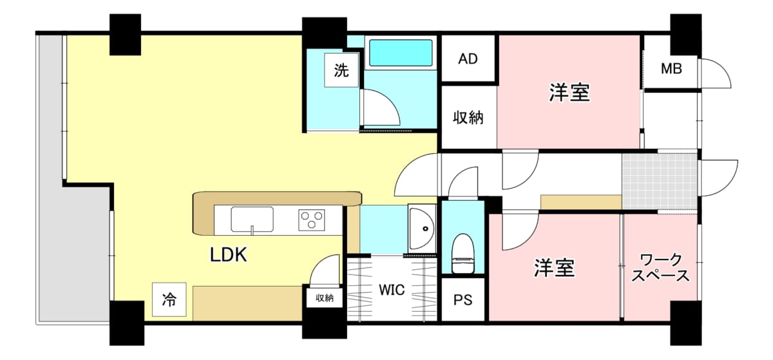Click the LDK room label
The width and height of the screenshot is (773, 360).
pyautogui.click(x=229, y=255)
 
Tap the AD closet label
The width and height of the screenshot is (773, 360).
pyautogui.click(x=468, y=59)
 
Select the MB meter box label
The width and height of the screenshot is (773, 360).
pyautogui.click(x=671, y=69)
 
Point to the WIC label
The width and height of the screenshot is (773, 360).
pyautogui.click(x=392, y=290)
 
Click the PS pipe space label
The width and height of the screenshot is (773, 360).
pyautogui.click(x=463, y=300)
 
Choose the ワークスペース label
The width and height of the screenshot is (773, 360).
pyautogui.click(x=660, y=267)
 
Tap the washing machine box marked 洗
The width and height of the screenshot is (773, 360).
pyautogui.click(x=341, y=70)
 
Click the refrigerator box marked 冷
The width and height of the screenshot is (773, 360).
pyautogui.click(x=169, y=299)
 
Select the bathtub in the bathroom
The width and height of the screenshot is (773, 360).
pyautogui.click(x=401, y=53)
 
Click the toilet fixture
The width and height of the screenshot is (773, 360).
pyautogui.click(x=463, y=253)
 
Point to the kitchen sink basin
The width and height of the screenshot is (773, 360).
pyautogui.click(x=252, y=220)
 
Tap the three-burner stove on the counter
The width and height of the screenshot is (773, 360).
pyautogui.click(x=312, y=220)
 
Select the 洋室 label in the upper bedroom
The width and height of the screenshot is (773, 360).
pyautogui.click(x=569, y=93)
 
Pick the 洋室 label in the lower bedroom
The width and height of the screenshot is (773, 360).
pyautogui.click(x=555, y=268)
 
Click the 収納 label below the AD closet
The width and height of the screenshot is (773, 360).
pyautogui.click(x=468, y=118)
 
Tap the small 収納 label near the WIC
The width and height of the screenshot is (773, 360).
pyautogui.click(x=325, y=298)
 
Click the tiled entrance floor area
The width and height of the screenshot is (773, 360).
pyautogui.click(x=660, y=181)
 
